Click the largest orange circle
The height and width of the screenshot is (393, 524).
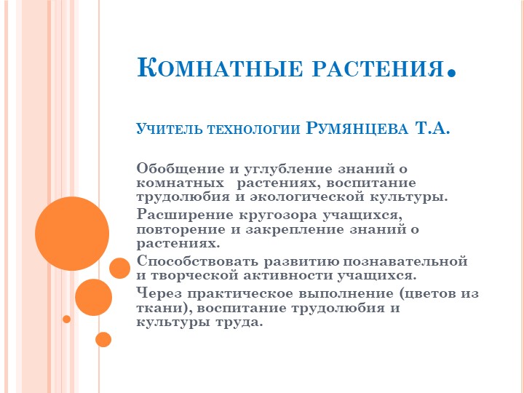click(71, 233)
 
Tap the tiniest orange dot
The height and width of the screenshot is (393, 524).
click(67, 319)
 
